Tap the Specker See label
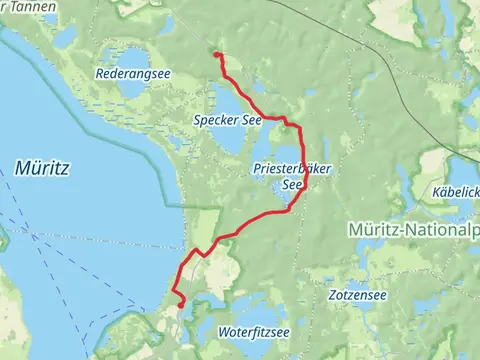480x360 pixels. coord(228,120)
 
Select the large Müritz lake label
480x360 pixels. coord(42,168)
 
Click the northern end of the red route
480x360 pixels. coord(217,55)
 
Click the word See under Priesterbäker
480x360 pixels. coord(291,185)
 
